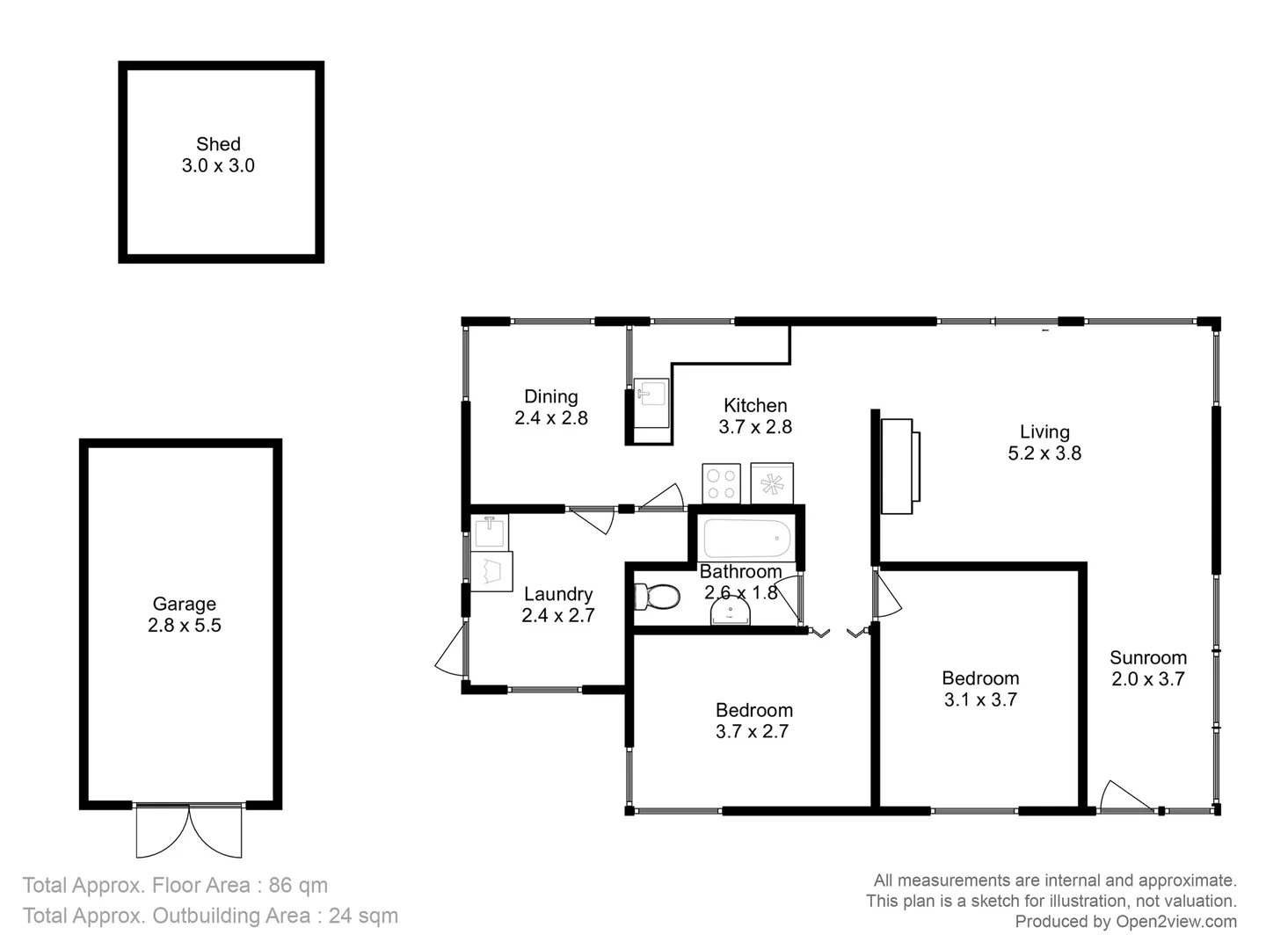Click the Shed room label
[218, 144]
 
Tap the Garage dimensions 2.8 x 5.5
[185, 626]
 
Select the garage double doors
[189, 830]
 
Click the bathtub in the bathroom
[746, 537]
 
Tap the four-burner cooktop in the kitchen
[721, 483]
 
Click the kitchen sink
[651, 393]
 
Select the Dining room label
[551, 396]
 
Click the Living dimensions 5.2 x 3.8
[1044, 453]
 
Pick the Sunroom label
[1147, 657]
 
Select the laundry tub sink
[489, 531]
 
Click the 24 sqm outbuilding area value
[363, 916]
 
